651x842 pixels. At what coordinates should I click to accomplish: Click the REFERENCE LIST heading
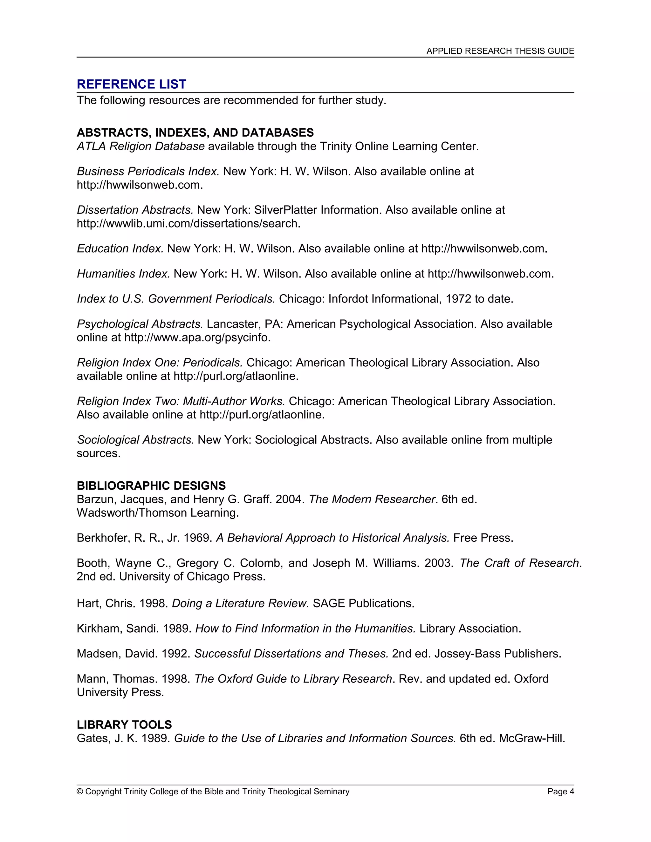pyautogui.click(x=131, y=84)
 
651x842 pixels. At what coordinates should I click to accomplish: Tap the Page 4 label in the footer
pyautogui.click(x=560, y=791)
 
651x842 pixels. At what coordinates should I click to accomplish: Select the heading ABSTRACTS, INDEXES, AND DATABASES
pyautogui.click(x=195, y=132)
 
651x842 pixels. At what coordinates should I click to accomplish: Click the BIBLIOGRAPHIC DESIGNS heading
pyautogui.click(x=151, y=486)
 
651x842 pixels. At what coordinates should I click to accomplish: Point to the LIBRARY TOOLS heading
pyautogui.click(x=124, y=724)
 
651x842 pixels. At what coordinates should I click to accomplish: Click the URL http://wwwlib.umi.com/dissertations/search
pyautogui.click(x=188, y=224)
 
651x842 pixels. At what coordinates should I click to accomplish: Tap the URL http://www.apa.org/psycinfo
pyautogui.click(x=197, y=337)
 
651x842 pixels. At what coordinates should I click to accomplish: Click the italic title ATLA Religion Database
pyautogui.click(x=141, y=146)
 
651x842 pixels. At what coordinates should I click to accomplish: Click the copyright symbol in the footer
pyautogui.click(x=80, y=791)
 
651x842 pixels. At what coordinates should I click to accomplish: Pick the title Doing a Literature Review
pyautogui.click(x=240, y=603)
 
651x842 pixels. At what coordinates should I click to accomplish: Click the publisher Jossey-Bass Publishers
pyautogui.click(x=497, y=654)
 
